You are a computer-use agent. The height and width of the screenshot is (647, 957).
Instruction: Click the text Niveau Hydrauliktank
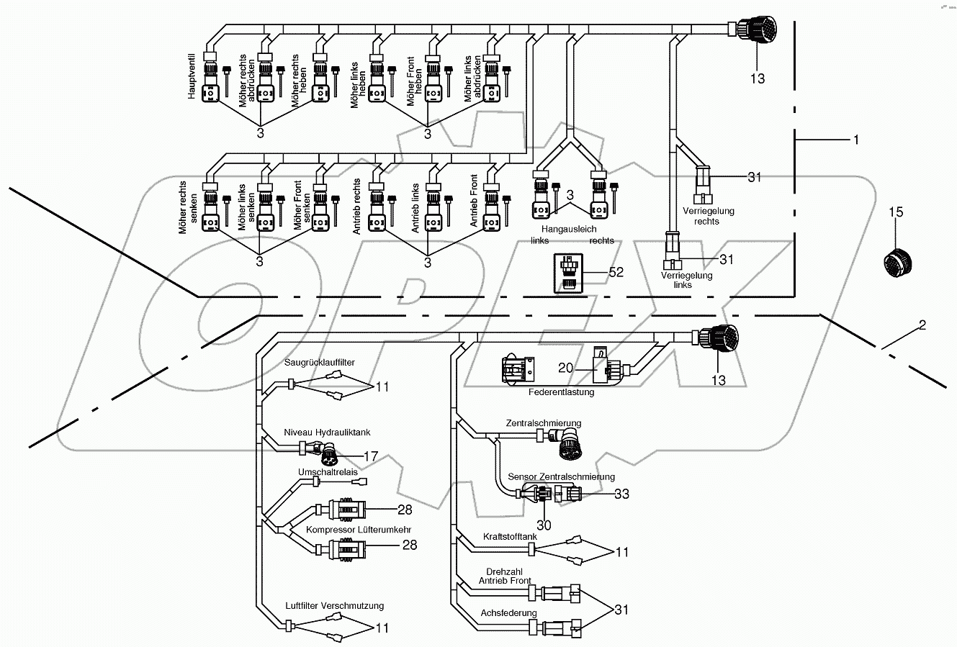pos(327,432)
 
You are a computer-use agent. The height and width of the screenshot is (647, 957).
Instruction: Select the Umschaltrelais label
pos(328,472)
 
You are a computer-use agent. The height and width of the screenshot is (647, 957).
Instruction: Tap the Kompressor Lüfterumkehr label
pos(349,529)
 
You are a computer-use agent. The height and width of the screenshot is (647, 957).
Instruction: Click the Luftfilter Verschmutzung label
pos(335,605)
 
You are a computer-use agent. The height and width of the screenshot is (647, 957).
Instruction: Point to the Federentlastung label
pos(560,392)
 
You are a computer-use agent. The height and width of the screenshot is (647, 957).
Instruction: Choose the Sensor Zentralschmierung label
pos(561,476)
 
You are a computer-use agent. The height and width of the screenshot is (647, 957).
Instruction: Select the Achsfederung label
pos(508,613)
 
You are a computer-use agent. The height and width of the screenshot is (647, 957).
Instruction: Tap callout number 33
pos(621,494)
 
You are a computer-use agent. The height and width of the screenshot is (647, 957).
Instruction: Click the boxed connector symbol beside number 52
pos(568,273)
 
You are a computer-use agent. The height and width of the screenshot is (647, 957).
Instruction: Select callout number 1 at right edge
pos(855,140)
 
